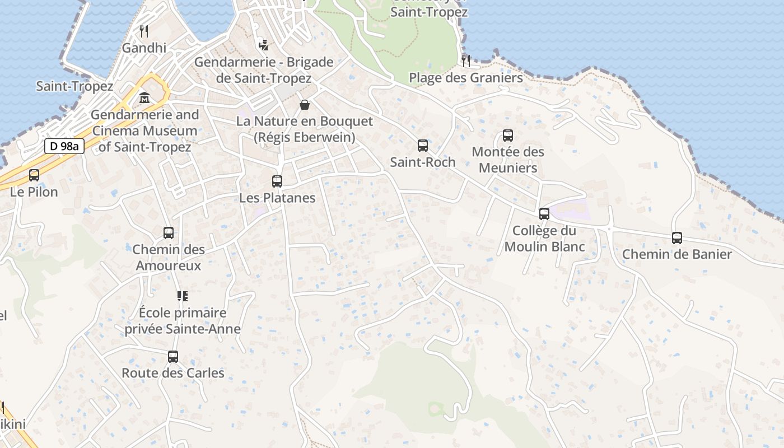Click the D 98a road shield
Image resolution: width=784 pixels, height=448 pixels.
(x=64, y=147)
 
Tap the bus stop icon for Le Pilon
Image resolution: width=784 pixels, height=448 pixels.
(x=34, y=175)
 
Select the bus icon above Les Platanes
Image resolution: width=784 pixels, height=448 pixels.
(x=277, y=181)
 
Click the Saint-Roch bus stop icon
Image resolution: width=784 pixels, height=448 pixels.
(x=423, y=146)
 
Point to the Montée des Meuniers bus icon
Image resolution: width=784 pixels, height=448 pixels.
(x=508, y=135)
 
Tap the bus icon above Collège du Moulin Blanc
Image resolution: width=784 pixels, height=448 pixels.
(x=544, y=213)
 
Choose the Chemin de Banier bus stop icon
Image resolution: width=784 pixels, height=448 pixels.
(x=677, y=238)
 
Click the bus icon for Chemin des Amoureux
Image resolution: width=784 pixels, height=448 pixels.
(x=169, y=233)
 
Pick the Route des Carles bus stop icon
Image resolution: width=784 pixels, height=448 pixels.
(x=173, y=356)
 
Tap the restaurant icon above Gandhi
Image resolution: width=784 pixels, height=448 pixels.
(x=144, y=31)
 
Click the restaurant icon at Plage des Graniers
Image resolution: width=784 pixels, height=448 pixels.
(x=466, y=60)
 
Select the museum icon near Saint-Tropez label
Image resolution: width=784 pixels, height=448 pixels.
(x=144, y=98)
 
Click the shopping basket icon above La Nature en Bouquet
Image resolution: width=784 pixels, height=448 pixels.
(x=305, y=105)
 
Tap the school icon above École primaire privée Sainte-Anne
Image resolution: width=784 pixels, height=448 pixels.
(x=183, y=296)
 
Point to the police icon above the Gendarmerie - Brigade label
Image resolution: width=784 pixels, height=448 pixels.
(x=263, y=45)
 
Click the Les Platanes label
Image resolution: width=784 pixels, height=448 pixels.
(x=277, y=198)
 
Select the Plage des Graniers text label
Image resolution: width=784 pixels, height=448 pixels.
(x=466, y=77)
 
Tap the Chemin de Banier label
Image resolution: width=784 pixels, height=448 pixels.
(x=677, y=254)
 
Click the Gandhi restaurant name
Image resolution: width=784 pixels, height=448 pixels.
(x=144, y=48)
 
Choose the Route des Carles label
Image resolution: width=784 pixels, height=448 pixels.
(x=173, y=373)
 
